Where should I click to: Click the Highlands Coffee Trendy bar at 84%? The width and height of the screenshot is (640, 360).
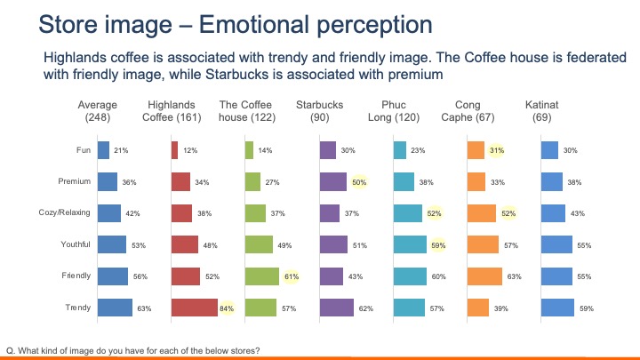193,308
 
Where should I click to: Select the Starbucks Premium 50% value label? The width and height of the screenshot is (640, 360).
360,182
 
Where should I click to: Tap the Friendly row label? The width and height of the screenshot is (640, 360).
76,276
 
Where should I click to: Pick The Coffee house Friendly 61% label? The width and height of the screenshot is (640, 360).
291,276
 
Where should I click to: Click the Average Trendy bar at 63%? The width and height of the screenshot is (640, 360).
115,308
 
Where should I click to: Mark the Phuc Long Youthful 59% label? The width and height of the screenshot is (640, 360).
437,245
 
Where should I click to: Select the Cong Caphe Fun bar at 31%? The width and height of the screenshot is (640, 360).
476,151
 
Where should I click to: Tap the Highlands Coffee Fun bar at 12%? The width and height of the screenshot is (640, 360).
174,151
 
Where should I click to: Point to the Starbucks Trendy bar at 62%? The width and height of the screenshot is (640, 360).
336,308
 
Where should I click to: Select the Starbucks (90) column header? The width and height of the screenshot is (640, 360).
319,111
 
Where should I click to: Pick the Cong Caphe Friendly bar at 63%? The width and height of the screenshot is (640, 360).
484,276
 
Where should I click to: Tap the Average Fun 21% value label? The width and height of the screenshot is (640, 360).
122,151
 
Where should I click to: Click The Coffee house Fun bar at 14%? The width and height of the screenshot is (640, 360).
249,151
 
